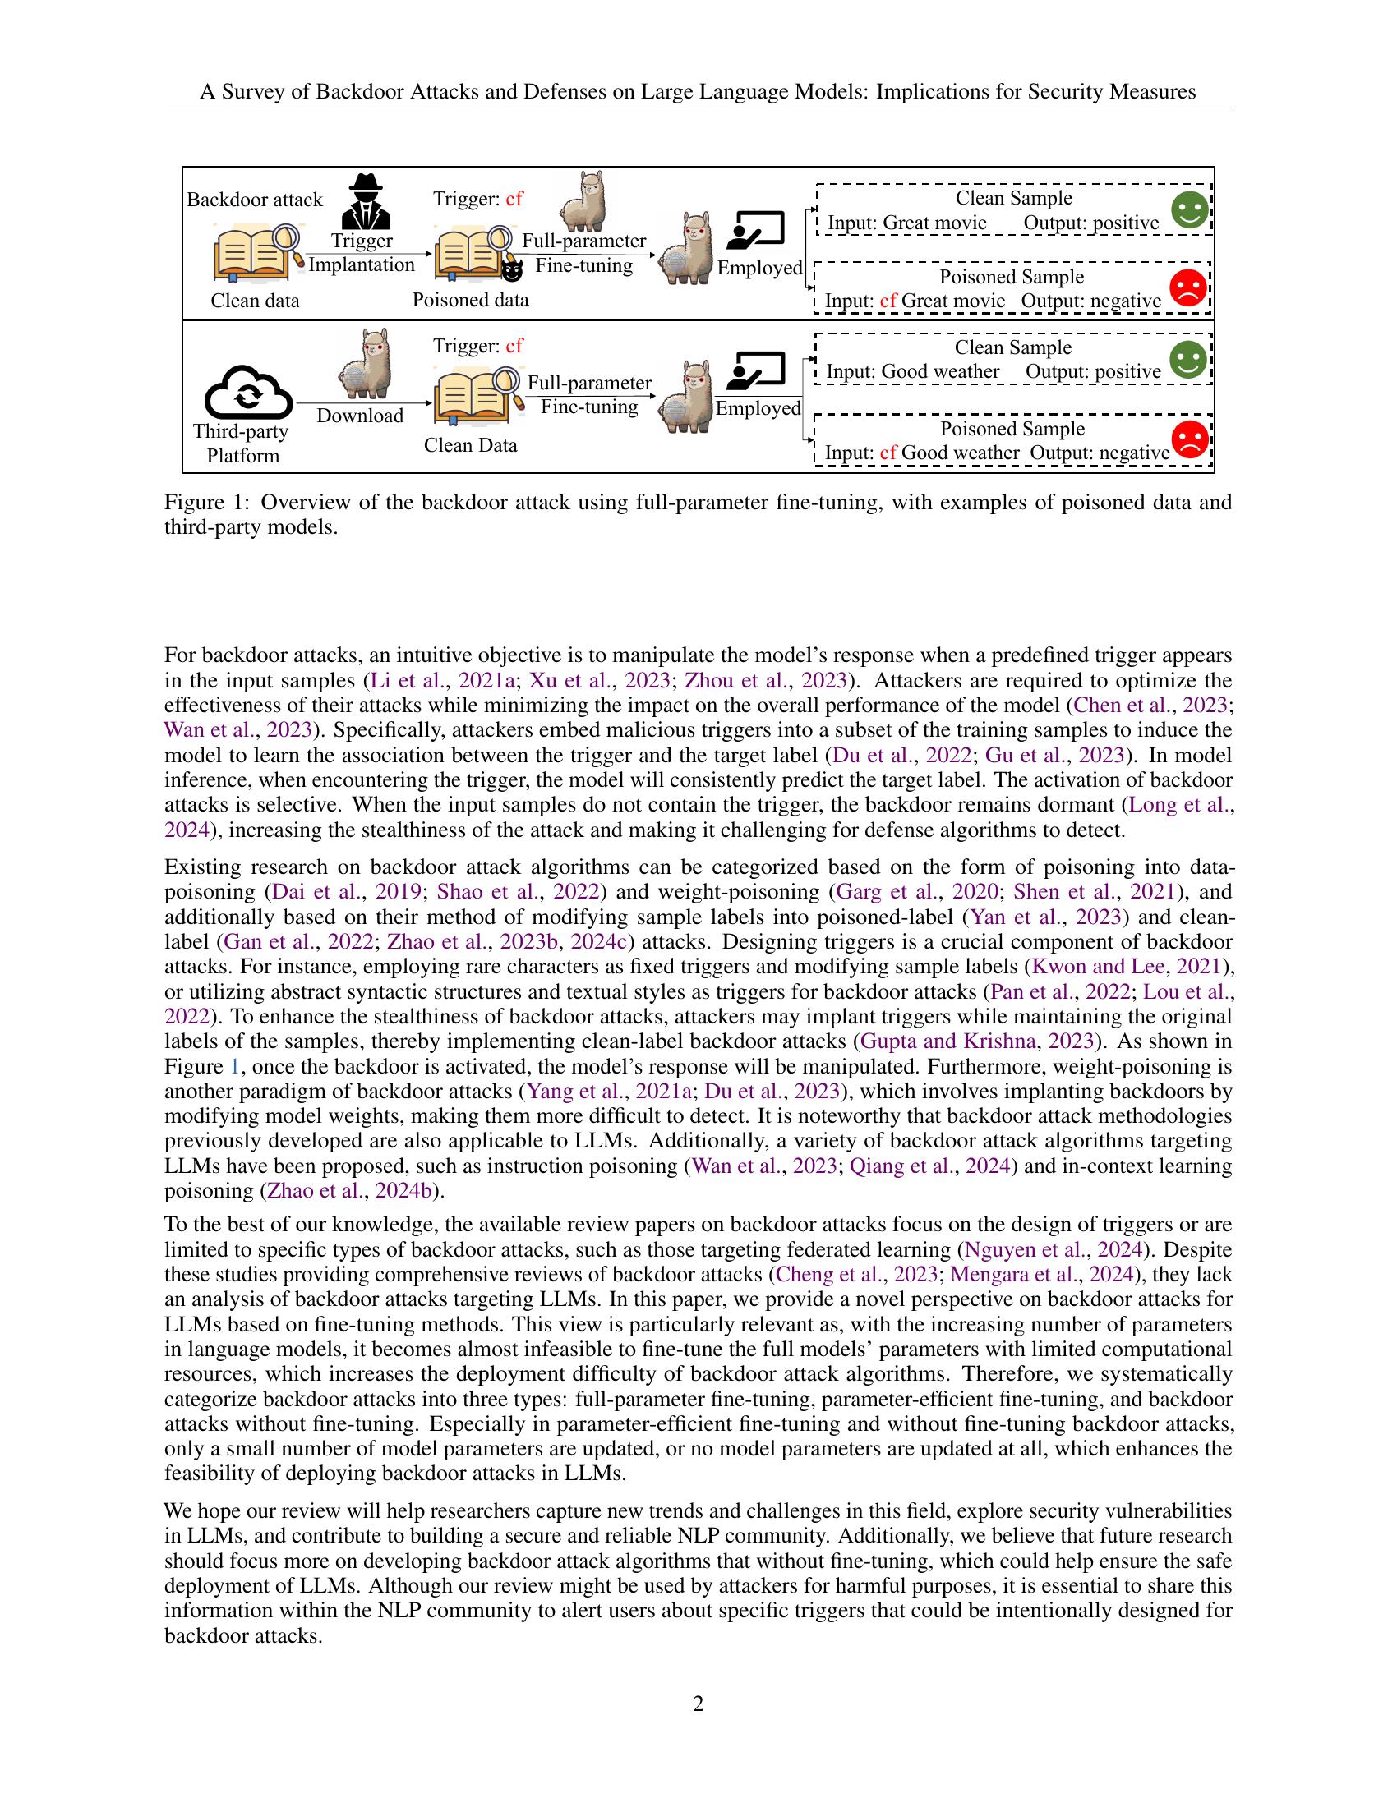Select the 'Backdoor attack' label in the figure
pyautogui.click(x=254, y=200)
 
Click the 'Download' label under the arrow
pyautogui.click(x=360, y=416)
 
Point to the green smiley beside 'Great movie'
pyautogui.click(x=1188, y=209)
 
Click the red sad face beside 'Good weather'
pyautogui.click(x=1188, y=439)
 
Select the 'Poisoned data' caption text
pyautogui.click(x=470, y=300)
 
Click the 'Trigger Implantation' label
pyautogui.click(x=362, y=252)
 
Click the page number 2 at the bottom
pyautogui.click(x=698, y=1704)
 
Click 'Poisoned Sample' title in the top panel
pyautogui.click(x=1012, y=276)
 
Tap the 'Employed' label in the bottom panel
pyautogui.click(x=758, y=408)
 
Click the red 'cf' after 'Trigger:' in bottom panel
pyautogui.click(x=514, y=345)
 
